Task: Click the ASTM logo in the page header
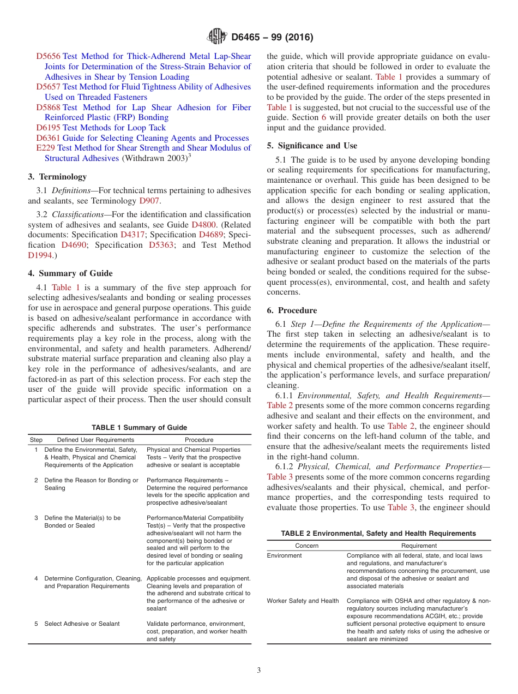pos(217,37)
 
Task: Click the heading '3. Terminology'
pos(57,177)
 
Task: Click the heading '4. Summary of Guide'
pos(70,273)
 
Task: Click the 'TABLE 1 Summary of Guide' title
pos(140,428)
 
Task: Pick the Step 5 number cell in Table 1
pos(36,624)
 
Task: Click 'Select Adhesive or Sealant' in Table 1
pos(82,624)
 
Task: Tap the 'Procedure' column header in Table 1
pos(199,440)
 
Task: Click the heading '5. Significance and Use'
pos(312,146)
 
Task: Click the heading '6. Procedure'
pos(292,310)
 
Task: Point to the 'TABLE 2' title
pos(378,533)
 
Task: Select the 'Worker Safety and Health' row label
pos(303,601)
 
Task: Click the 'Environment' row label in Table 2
pos(284,555)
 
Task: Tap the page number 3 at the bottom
pos(259,671)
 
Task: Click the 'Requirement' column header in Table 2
pos(419,546)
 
